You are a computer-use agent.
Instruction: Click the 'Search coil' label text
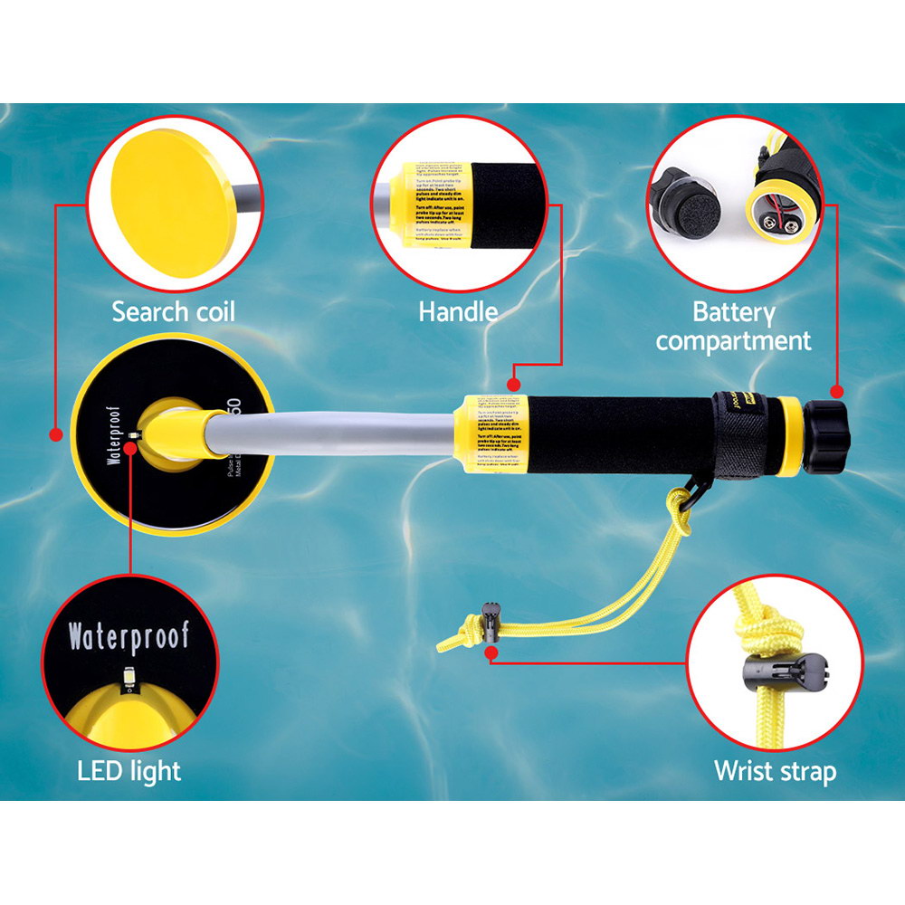tap(173, 313)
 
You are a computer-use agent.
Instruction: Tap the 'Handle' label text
tap(458, 312)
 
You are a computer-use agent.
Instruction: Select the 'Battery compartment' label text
tap(734, 327)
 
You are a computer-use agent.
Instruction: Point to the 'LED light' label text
tap(129, 771)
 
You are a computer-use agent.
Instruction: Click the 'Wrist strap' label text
tap(775, 771)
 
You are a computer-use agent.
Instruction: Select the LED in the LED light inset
tap(129, 673)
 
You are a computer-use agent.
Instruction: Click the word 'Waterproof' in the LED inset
tap(129, 637)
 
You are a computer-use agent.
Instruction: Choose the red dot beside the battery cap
tap(836, 393)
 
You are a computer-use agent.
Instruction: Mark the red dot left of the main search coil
tap(56, 434)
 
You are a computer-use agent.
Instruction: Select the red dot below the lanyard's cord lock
tap(490, 651)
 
